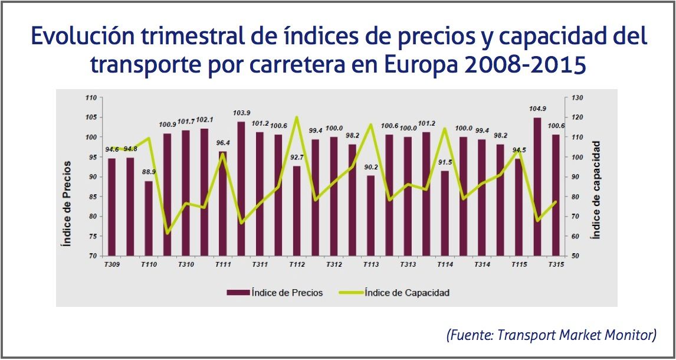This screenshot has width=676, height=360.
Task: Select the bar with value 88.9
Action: pos(149,218)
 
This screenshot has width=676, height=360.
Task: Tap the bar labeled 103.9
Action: pos(241,189)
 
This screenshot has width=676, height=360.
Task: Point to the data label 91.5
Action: pos(445,163)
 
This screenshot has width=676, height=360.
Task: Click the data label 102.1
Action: pos(205,120)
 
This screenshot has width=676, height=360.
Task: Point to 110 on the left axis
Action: pos(90,97)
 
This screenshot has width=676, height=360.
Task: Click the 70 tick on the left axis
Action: pos(92,256)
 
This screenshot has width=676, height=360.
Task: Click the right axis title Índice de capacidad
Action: pos(596,189)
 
